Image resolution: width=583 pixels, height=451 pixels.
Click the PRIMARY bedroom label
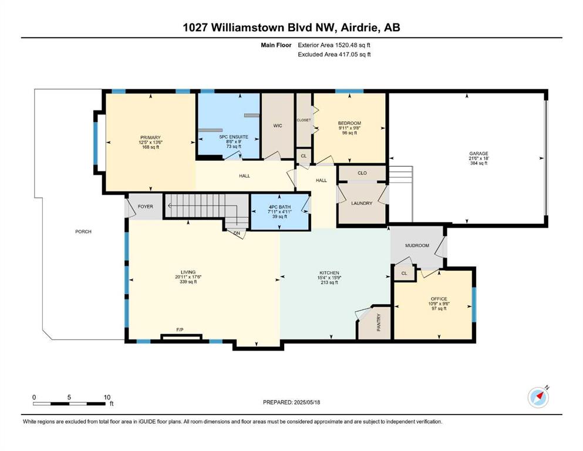coord(150,137)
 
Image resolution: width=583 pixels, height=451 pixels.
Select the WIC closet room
coord(278,126)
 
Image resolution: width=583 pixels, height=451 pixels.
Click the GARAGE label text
coord(478,153)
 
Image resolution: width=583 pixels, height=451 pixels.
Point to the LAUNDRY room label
coord(362,203)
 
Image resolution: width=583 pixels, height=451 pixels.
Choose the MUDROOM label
coord(417,245)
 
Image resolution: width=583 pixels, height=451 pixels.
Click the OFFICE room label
coord(439,298)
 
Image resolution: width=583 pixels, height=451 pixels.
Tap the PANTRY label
coord(379,322)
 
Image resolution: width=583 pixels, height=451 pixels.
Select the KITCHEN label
coord(329,273)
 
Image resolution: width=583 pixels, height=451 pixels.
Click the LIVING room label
coord(188,272)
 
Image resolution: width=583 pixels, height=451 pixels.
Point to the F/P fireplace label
coord(180,330)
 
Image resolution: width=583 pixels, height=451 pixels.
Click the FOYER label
coord(146,207)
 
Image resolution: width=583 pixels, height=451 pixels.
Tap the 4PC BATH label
coord(279,207)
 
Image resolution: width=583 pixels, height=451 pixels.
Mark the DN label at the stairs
coord(237,234)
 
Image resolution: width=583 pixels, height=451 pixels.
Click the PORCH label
coord(83,231)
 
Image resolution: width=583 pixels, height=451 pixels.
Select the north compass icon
coord(538,398)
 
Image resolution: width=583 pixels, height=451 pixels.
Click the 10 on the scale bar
coord(107,398)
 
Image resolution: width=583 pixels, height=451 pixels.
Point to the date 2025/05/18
coord(306,402)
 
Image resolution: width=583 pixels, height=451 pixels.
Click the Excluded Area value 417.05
coord(346,54)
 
